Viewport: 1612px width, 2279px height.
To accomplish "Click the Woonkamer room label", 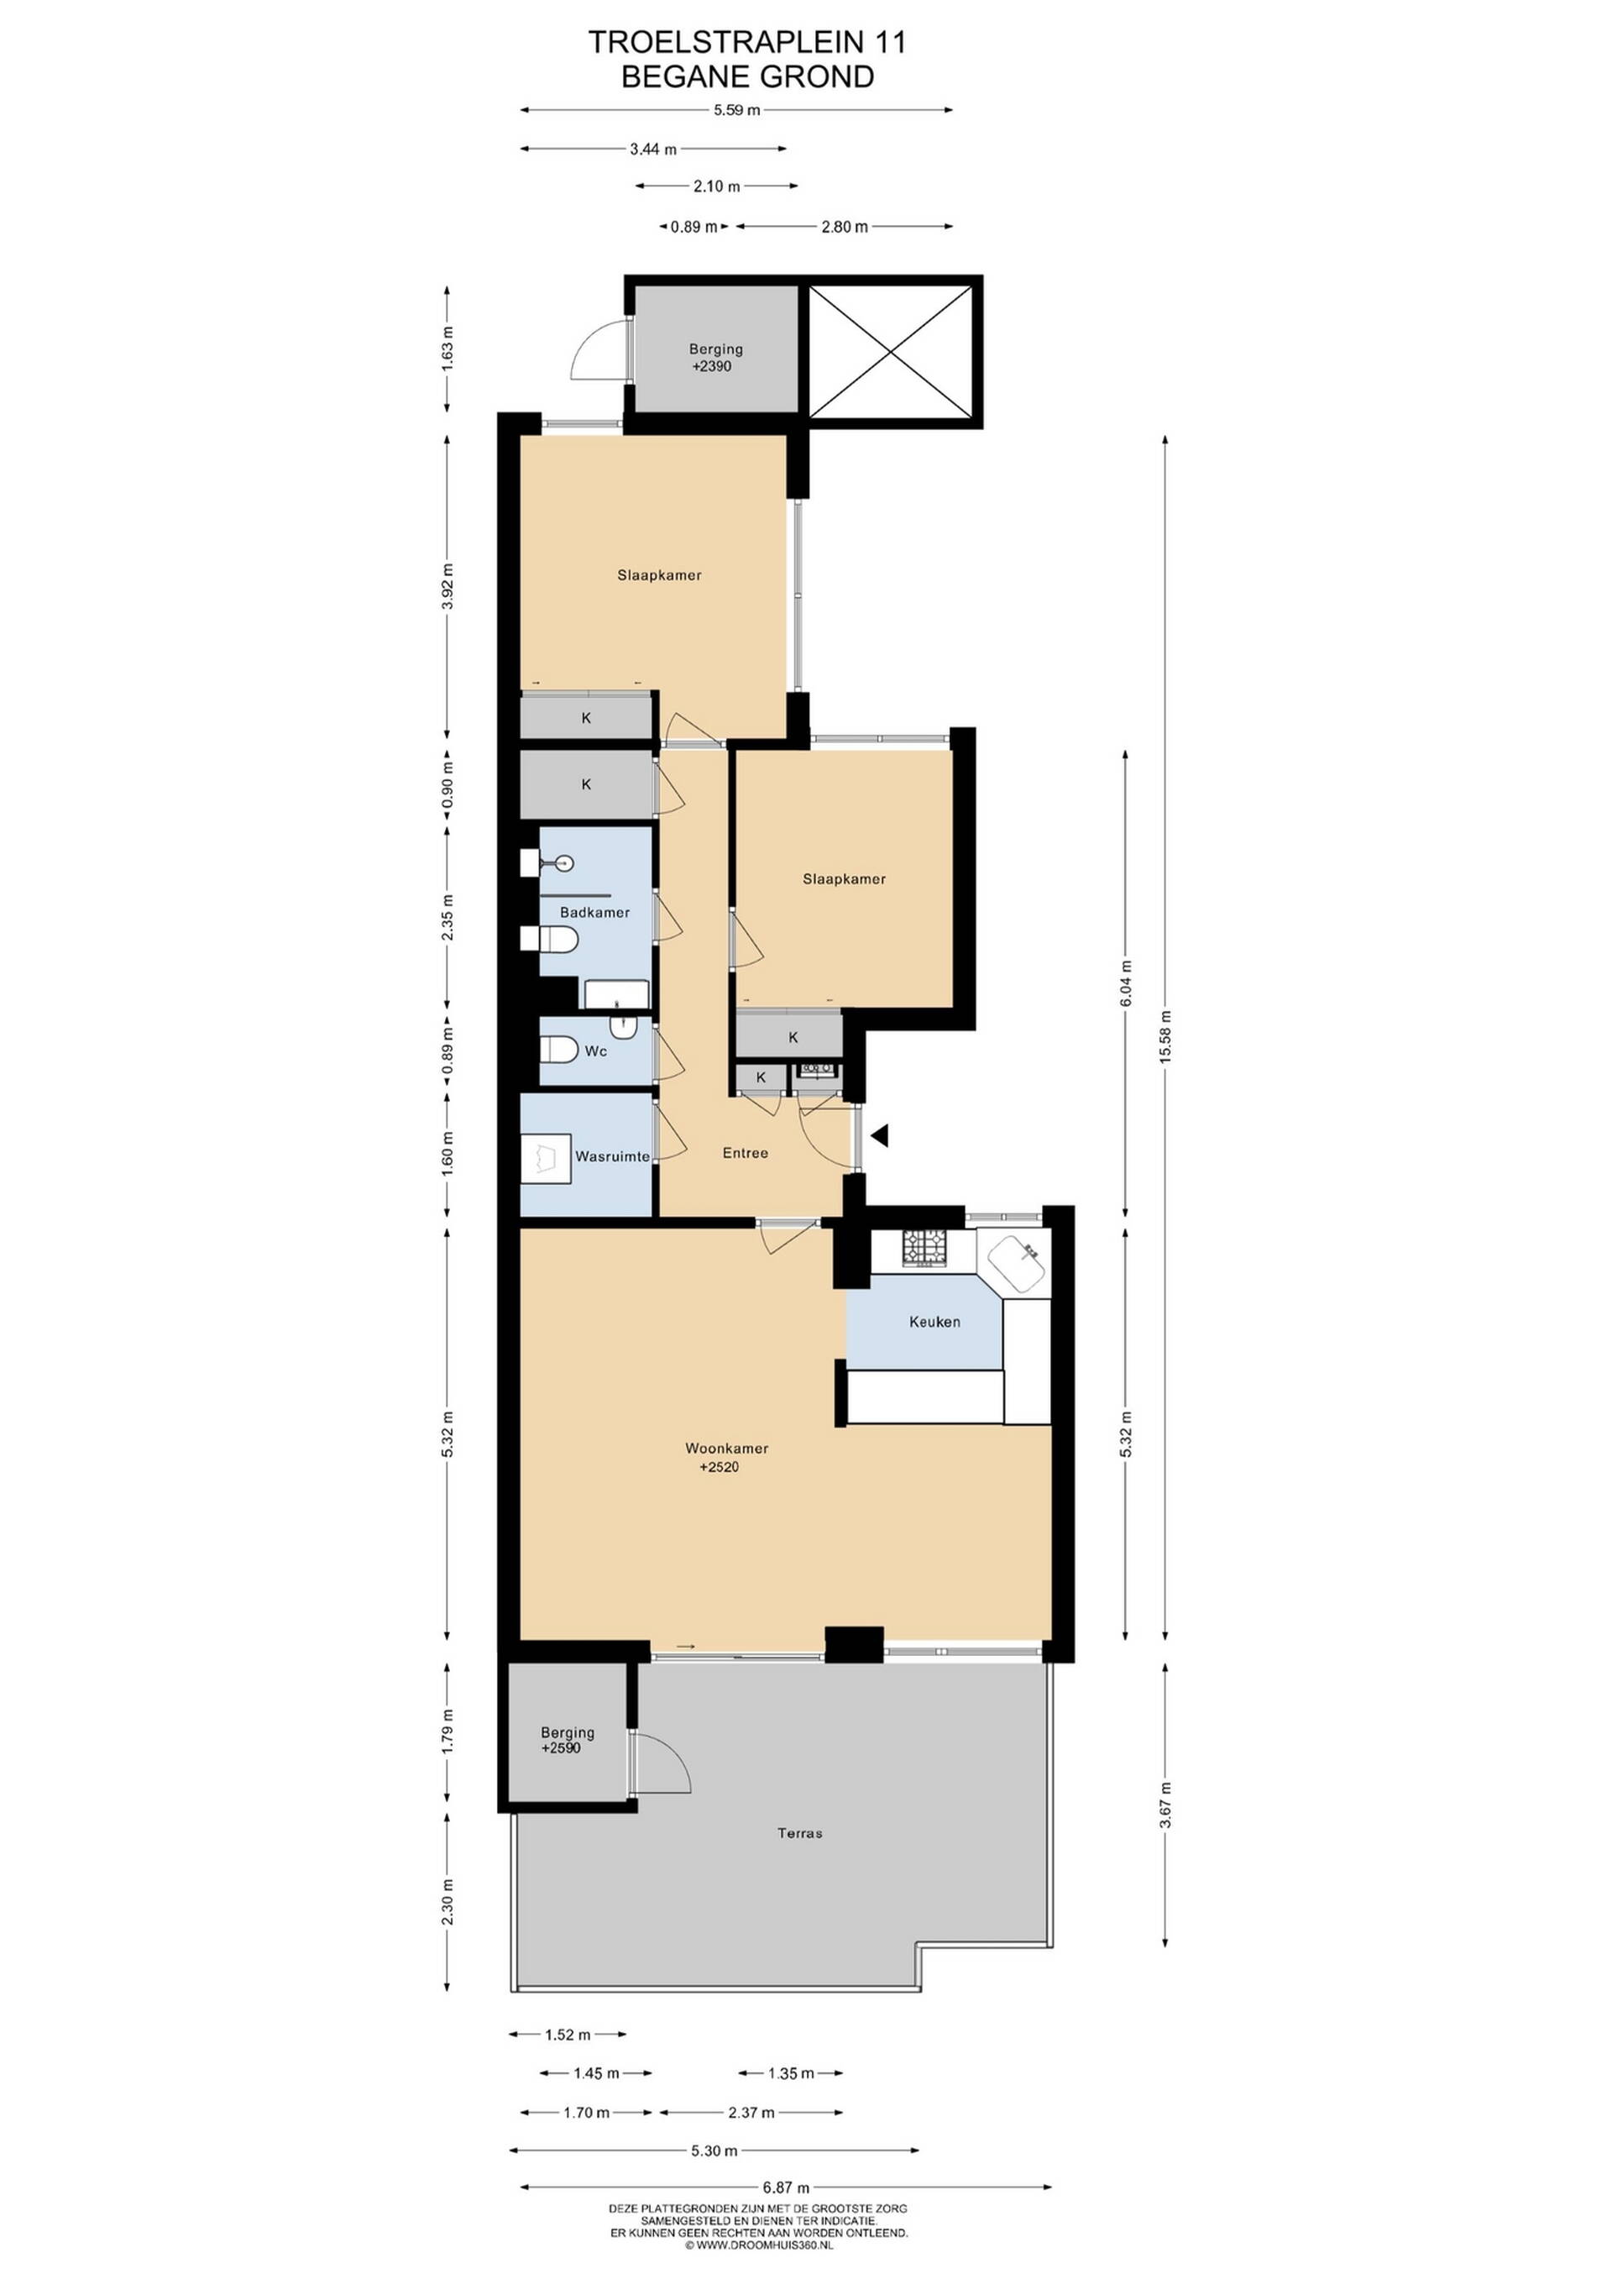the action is tap(726, 1449).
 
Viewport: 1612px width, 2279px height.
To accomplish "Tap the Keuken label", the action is tap(934, 1321).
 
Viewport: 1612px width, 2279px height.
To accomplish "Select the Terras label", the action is tap(800, 1833).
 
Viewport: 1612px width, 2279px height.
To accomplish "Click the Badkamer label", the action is tap(594, 912).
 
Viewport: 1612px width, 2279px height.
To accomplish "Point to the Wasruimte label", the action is tap(612, 1156).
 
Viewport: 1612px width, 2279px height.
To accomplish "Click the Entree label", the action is tap(746, 1152).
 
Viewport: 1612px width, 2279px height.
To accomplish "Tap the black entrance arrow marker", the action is tap(878, 1135).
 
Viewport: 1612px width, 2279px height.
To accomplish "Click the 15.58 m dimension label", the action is tap(1165, 1036).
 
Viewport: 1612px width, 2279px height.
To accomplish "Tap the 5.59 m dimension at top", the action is tap(736, 110).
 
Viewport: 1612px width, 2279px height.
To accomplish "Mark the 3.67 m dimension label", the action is tap(1165, 1805).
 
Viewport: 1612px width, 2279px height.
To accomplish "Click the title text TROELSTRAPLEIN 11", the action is tap(746, 42).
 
